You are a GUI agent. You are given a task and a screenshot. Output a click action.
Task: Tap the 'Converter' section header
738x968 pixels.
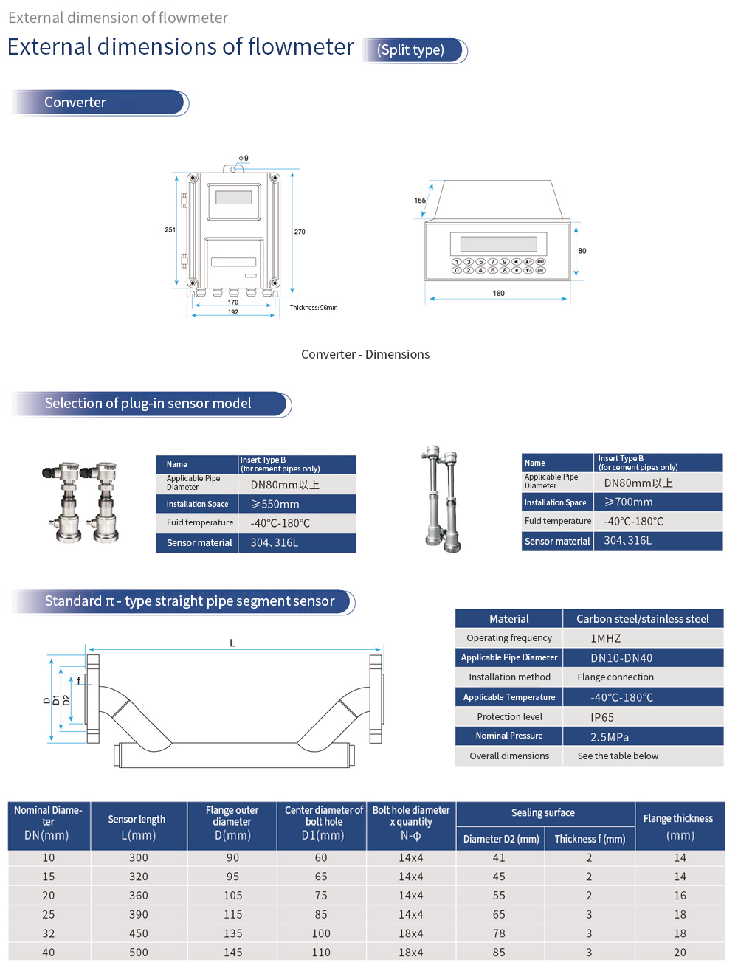coord(75,103)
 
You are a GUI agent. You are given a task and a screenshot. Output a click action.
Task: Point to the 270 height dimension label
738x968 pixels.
coord(300,232)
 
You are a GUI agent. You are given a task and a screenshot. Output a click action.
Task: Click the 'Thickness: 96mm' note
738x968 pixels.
coord(314,308)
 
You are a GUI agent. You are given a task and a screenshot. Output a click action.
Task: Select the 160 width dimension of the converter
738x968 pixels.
coord(499,294)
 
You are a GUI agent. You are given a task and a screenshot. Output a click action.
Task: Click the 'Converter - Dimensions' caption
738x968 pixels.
coord(365,354)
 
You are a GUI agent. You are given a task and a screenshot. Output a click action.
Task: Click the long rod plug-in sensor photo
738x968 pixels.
coord(443,499)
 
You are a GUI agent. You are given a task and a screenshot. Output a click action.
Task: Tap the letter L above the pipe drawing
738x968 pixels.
coord(232,643)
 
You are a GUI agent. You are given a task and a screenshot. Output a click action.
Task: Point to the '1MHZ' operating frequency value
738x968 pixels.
coord(606,638)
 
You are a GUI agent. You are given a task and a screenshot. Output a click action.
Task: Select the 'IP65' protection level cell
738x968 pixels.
coord(602,717)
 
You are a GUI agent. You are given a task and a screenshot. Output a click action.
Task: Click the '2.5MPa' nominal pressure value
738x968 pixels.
coord(610,737)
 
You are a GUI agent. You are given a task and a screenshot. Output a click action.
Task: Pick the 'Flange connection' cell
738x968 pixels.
coord(615,677)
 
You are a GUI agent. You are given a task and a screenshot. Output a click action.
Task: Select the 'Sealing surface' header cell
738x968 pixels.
coord(543,813)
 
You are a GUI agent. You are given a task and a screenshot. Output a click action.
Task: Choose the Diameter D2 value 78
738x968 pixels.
coord(500,933)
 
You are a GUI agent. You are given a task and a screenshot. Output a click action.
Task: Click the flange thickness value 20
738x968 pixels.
coord(680,953)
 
